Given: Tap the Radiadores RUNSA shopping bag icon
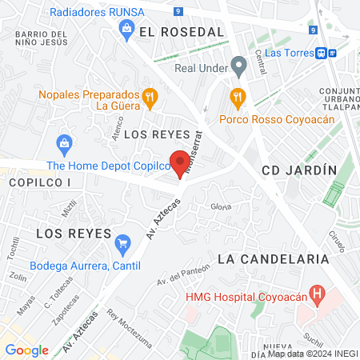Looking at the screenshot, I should pos(126,29).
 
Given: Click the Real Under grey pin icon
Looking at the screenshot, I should pos(237,64).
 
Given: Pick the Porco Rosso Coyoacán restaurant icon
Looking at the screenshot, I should pos(237,98).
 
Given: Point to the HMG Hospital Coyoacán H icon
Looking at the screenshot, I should pos(318,295).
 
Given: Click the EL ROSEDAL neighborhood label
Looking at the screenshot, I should pos(181,31).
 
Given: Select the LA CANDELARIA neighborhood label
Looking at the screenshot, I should pos(273,259).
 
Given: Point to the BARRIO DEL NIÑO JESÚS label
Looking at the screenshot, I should pos(39,39).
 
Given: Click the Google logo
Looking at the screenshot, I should pos(26,350).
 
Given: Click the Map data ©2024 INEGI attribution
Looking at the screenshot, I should pos(312,354).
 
